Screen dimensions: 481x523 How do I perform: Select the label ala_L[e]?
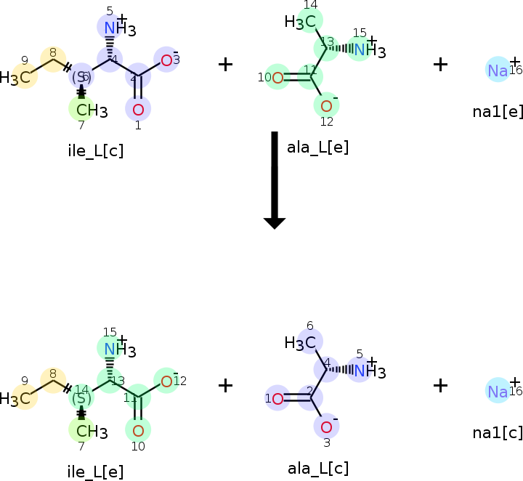[x=317, y=147]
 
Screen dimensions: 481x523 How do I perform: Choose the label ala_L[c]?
[x=317, y=468]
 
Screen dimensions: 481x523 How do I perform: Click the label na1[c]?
[x=498, y=432]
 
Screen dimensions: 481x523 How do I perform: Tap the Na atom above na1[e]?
[x=498, y=70]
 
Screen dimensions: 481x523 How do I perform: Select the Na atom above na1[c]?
[x=498, y=391]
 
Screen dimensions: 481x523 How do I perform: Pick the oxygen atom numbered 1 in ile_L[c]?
[x=138, y=110]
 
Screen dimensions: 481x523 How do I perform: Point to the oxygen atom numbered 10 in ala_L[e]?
[x=277, y=77]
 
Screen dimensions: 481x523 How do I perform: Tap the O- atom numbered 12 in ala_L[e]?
[x=326, y=106]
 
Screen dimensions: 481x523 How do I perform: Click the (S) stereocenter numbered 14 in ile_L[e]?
[x=81, y=397]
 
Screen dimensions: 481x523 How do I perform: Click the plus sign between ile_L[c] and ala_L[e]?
[x=226, y=64]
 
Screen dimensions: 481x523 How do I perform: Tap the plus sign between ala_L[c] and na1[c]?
[x=440, y=385]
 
